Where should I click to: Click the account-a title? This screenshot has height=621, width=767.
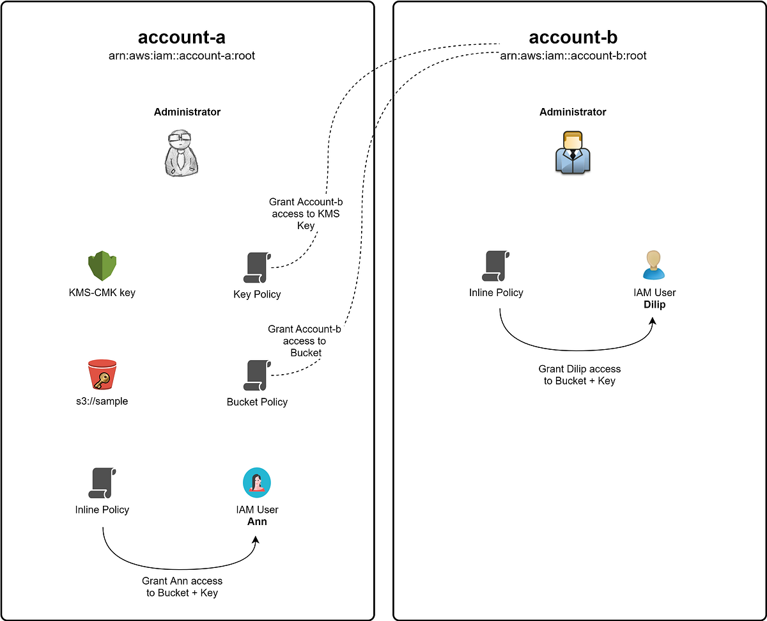[182, 37]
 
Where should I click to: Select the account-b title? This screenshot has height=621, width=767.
[573, 37]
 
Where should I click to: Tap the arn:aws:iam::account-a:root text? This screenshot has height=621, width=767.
[182, 56]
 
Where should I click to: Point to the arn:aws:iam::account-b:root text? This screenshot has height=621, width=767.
[573, 56]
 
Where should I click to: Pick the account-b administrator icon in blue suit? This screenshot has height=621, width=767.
[572, 152]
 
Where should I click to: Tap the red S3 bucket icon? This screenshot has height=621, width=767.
[103, 375]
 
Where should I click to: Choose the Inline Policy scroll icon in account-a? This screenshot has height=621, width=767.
[102, 483]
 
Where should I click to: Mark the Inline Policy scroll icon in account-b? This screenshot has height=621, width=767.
[497, 266]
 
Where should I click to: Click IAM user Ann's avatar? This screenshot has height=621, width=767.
[257, 483]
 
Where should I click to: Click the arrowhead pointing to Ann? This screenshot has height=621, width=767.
[256, 540]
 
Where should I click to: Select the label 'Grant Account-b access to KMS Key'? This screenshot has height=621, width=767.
[306, 214]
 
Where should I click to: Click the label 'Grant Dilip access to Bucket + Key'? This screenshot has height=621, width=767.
[579, 375]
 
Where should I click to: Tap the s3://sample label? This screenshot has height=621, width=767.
[102, 402]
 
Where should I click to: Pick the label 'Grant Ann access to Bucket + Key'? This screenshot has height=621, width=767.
[182, 586]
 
